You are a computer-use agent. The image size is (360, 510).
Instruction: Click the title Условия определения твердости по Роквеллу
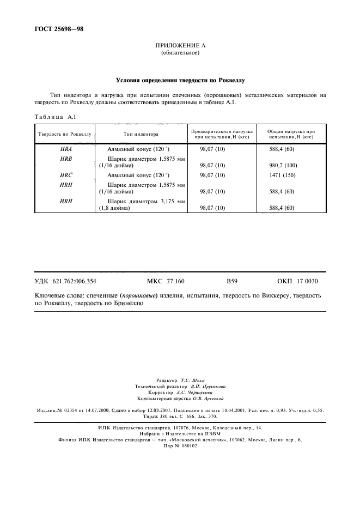pyautogui.click(x=180, y=80)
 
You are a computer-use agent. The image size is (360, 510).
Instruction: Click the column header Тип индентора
pyautogui.click(x=141, y=133)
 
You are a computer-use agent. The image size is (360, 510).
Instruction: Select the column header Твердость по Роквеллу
pyautogui.click(x=64, y=133)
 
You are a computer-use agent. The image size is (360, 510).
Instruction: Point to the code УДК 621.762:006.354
pyautogui.click(x=66, y=281)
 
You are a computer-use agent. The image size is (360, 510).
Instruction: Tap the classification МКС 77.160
pyautogui.click(x=166, y=281)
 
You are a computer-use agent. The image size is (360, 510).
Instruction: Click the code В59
pyautogui.click(x=232, y=281)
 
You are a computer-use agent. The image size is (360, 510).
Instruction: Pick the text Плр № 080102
pyautogui.click(x=180, y=445)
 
